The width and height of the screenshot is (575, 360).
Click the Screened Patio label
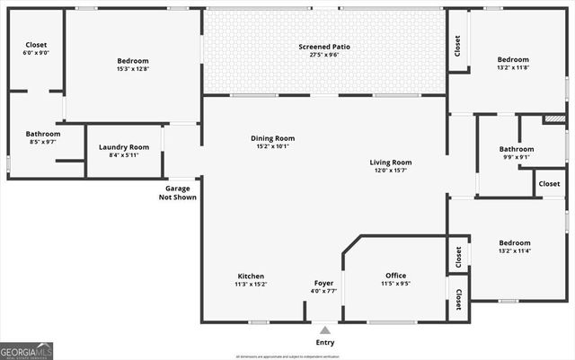324,46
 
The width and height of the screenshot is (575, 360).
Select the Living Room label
390,162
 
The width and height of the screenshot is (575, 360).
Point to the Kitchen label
251,276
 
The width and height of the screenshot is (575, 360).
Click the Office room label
395,276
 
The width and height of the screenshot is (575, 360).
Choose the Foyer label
324,283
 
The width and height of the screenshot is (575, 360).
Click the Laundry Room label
124,147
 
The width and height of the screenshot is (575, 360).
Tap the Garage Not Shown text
178,193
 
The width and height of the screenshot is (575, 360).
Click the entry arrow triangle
324,330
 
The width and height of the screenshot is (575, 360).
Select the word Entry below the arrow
324,343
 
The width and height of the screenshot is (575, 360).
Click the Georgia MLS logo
27,351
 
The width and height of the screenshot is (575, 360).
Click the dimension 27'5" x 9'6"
324,54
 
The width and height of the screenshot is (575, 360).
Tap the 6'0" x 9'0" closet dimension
36,52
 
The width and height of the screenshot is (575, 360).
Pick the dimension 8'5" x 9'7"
43,142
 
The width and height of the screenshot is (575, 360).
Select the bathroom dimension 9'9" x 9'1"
517,157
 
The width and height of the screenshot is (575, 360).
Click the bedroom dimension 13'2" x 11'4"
515,250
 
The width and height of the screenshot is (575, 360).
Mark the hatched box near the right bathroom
554,119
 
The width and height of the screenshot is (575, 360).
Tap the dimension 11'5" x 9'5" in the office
395,284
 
